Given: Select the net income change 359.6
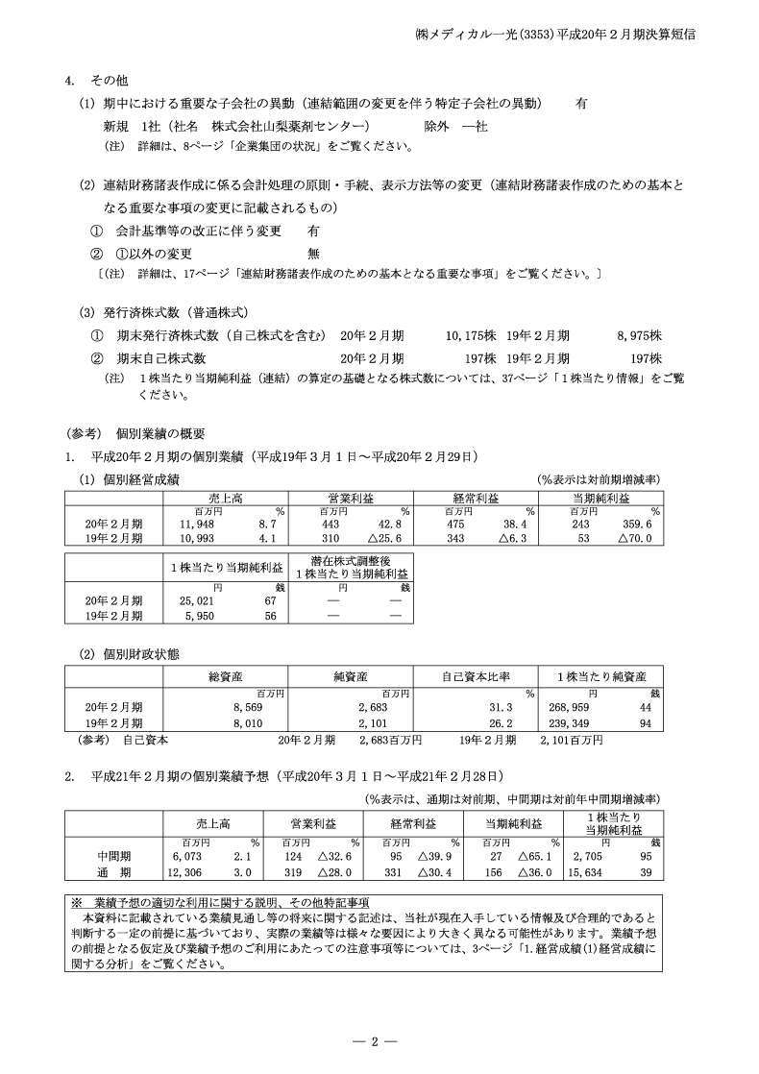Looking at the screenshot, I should click(638, 525).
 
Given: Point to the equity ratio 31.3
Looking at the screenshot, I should click(514, 706).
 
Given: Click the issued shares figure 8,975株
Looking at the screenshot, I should click(639, 336).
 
